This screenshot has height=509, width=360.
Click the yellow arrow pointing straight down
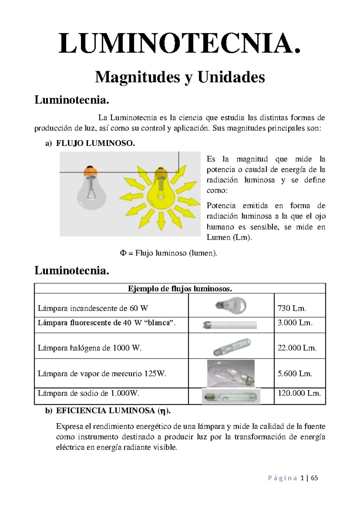(161, 221)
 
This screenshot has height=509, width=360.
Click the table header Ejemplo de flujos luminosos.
(180, 289)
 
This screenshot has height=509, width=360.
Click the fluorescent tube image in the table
(229, 325)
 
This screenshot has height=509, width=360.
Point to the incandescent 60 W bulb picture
(231, 305)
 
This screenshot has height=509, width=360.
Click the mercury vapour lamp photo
(231, 373)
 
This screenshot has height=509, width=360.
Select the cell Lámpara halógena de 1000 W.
(89, 348)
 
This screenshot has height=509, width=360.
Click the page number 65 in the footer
(314, 478)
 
